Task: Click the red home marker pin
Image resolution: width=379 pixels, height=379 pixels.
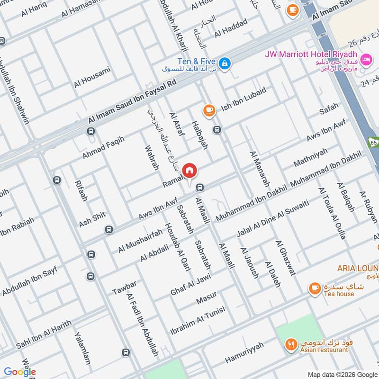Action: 189,171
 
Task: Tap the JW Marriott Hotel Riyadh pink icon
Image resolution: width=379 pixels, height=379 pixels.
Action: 365,60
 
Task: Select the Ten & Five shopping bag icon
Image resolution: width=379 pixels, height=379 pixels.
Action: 225,62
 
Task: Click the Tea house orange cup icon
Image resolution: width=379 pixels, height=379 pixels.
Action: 314,288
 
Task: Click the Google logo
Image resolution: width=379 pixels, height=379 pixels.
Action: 20,372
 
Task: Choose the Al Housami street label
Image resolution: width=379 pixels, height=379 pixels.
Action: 92,77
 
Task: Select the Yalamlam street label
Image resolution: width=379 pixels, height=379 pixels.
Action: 82,347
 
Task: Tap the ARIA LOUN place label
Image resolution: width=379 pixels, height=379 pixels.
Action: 358,269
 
